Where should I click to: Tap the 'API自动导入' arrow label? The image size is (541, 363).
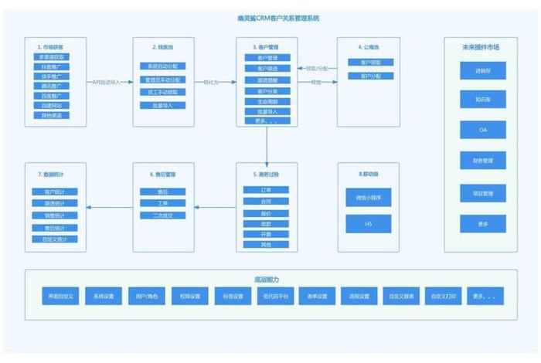pyautogui.click(x=107, y=81)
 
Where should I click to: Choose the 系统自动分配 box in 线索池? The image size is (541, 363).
pyautogui.click(x=162, y=66)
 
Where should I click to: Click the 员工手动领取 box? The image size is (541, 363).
pyautogui.click(x=162, y=92)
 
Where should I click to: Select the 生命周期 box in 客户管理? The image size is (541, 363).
pyautogui.click(x=267, y=101)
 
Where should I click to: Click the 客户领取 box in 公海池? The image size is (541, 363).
pyautogui.click(x=365, y=62)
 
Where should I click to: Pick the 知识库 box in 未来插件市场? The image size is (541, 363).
pyautogui.click(x=483, y=100)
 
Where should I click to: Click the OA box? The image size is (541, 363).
pyautogui.click(x=483, y=130)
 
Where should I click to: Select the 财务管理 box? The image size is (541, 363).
pyautogui.click(x=483, y=161)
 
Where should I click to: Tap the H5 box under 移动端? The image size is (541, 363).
pyautogui.click(x=369, y=224)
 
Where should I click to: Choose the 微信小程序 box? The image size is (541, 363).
pyautogui.click(x=369, y=198)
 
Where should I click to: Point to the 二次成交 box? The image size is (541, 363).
pyautogui.click(x=162, y=215)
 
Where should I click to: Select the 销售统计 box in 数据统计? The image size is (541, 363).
pyautogui.click(x=55, y=215)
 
